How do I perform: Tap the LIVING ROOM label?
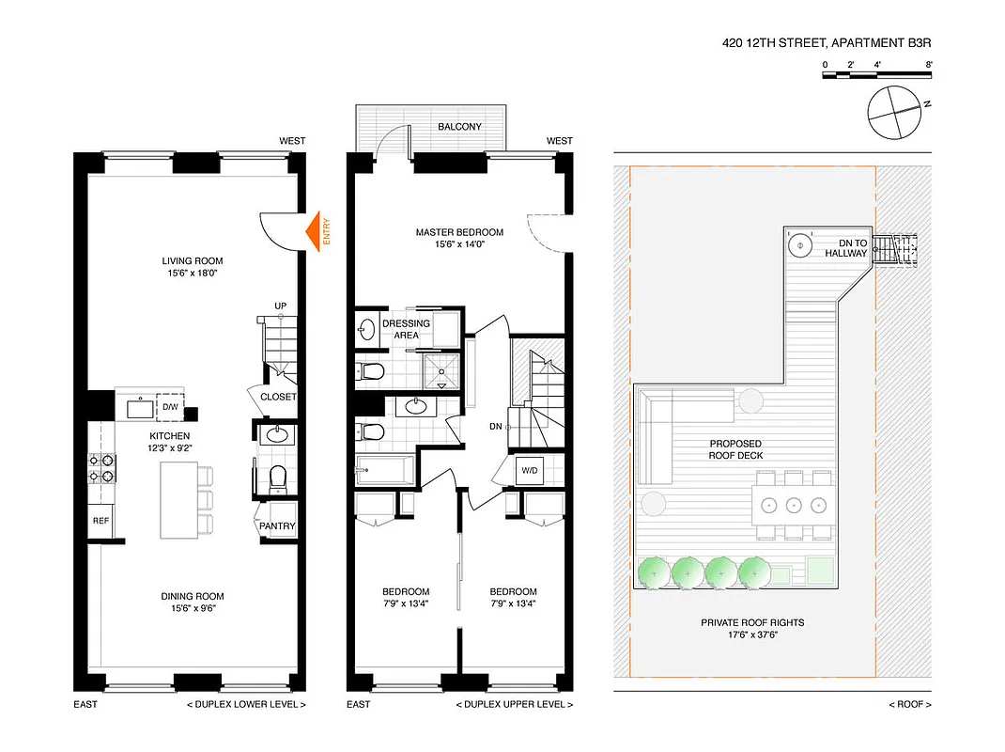pyautogui.click(x=193, y=261)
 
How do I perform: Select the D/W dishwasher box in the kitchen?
pyautogui.click(x=170, y=407)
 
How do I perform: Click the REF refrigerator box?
pyautogui.click(x=100, y=520)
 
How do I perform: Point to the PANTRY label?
pyautogui.click(x=278, y=526)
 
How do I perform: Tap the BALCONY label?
pyautogui.click(x=459, y=127)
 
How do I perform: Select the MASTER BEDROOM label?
pyautogui.click(x=459, y=232)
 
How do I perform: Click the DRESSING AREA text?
pyautogui.click(x=406, y=329)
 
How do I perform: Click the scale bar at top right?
pyautogui.click(x=877, y=74)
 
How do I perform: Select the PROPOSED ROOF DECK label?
pyautogui.click(x=735, y=449)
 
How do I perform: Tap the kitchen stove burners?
pyautogui.click(x=101, y=467)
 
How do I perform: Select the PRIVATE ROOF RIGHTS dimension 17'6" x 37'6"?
pyautogui.click(x=751, y=635)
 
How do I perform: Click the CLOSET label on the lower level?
pyautogui.click(x=278, y=397)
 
